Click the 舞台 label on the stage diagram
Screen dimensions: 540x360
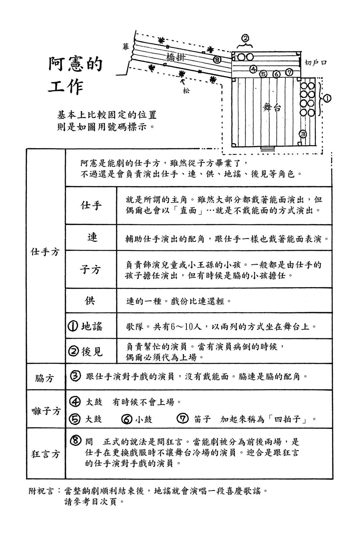coord(272,108)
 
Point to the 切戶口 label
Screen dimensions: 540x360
coord(315,62)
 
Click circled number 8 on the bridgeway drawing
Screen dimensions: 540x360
coord(217,60)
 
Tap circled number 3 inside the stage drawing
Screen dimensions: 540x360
coord(303,134)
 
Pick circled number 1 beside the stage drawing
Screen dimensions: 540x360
coord(327,98)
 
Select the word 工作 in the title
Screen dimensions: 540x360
coord(66,87)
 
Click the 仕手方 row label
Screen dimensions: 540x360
coord(45,251)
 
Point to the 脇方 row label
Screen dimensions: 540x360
coord(45,378)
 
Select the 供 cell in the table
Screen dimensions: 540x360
coord(90,300)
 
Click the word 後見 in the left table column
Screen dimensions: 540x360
coord(92,352)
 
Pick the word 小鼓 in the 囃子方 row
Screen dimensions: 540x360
coord(144,419)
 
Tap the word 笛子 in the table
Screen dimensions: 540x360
coord(202,419)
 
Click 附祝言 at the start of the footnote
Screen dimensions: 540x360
coord(41,491)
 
